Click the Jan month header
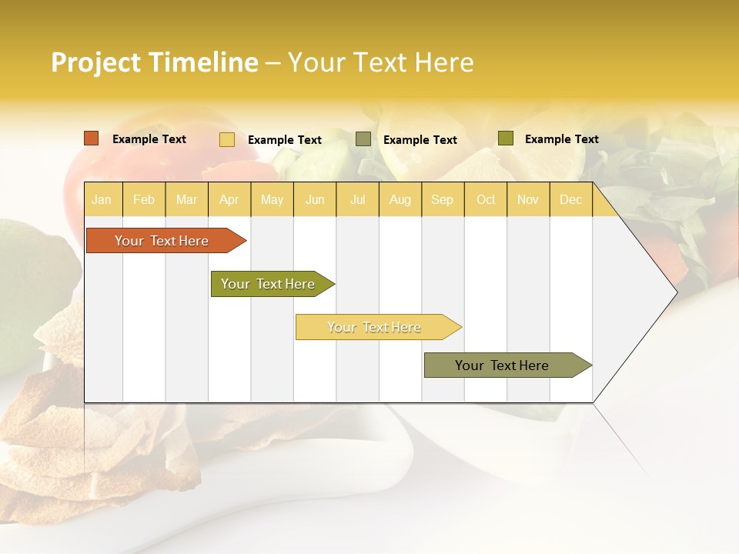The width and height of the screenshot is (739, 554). click(x=102, y=200)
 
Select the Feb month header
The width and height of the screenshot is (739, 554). click(x=144, y=200)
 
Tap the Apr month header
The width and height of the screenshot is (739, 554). click(x=229, y=200)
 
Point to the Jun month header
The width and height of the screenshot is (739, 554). click(x=315, y=200)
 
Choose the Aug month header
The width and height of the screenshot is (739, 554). click(x=400, y=200)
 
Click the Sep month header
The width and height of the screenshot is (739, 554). click(x=442, y=200)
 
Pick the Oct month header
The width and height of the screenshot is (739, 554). click(x=486, y=200)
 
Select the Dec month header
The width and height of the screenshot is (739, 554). click(x=570, y=200)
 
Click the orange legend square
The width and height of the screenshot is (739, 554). click(x=92, y=138)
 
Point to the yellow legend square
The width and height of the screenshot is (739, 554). click(x=227, y=139)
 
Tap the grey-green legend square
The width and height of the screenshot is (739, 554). click(x=363, y=139)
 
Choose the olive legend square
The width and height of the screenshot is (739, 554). click(x=505, y=138)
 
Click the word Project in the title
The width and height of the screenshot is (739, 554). click(x=96, y=62)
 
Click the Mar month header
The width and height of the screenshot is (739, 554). click(x=186, y=200)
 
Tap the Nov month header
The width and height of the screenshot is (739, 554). click(x=527, y=200)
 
